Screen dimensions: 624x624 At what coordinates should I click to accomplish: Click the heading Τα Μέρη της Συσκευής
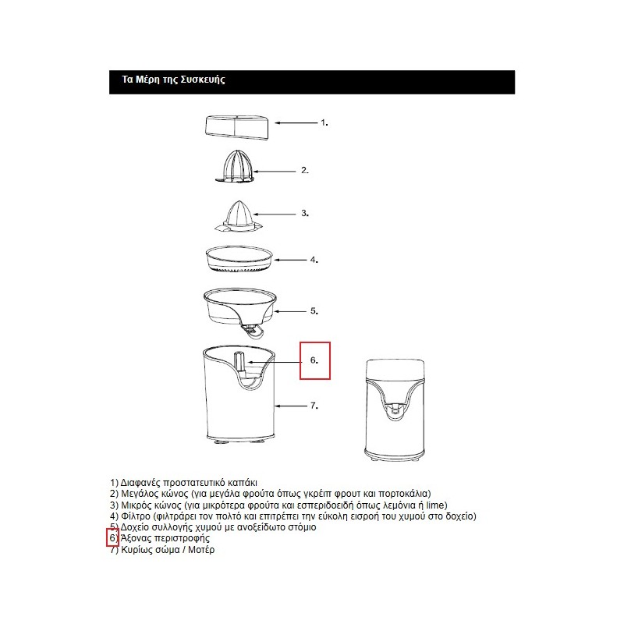pos(174,80)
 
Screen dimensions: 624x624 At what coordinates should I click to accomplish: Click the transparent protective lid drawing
pos(238,128)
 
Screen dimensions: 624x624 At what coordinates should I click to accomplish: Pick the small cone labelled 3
pos(239,216)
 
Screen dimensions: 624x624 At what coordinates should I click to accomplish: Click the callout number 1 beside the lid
pos(324,123)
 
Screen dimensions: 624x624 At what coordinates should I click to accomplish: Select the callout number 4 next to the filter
pos(313,260)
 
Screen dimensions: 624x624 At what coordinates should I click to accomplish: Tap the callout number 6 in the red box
pos(314,361)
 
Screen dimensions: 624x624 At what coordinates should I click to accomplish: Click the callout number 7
pos(314,406)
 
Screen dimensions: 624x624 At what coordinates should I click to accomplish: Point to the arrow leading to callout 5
pos(289,310)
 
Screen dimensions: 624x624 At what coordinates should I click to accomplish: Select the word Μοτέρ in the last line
pos(200,550)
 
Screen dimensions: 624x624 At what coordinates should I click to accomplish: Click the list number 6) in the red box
pos(113,539)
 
